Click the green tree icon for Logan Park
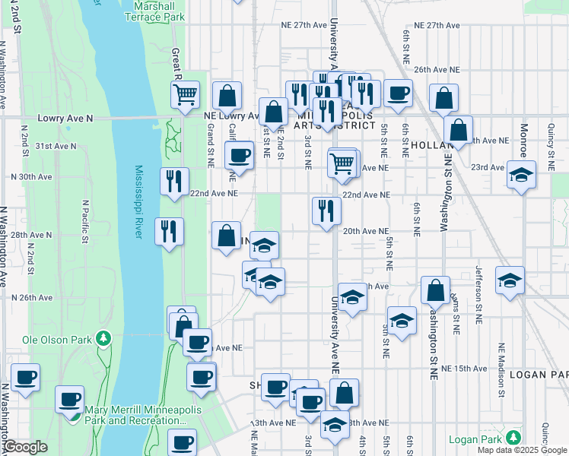(x=514, y=438)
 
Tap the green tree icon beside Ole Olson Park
(x=104, y=339)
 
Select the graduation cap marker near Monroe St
(x=521, y=176)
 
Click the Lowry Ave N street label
(x=65, y=119)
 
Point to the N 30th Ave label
(x=30, y=176)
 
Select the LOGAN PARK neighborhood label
(x=539, y=375)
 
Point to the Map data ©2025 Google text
(x=521, y=450)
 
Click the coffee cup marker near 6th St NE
(x=398, y=94)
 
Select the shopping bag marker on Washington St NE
(x=435, y=291)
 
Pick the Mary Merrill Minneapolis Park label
(x=135, y=415)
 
